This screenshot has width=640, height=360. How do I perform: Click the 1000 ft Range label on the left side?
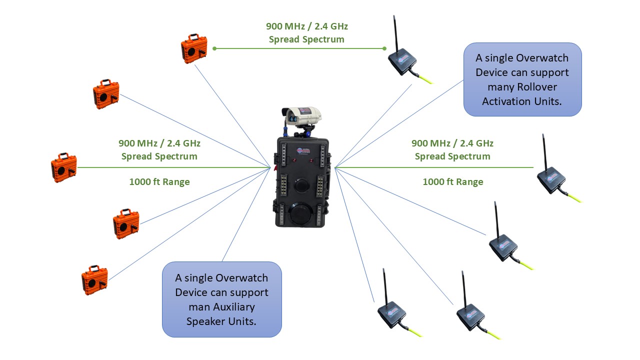point(159,182)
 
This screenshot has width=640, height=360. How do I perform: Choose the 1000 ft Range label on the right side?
point(453,182)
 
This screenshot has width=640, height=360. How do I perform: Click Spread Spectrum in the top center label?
point(306,39)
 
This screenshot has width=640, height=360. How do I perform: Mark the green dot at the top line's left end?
point(214,48)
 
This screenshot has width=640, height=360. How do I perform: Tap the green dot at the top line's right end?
point(384,48)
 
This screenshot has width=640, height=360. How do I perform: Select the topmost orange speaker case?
point(193,48)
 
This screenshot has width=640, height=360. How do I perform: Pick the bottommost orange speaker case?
point(94,279)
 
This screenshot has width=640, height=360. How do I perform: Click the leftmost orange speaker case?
point(63,167)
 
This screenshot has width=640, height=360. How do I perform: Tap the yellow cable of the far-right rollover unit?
point(574,196)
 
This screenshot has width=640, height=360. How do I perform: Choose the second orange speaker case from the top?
point(105,94)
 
